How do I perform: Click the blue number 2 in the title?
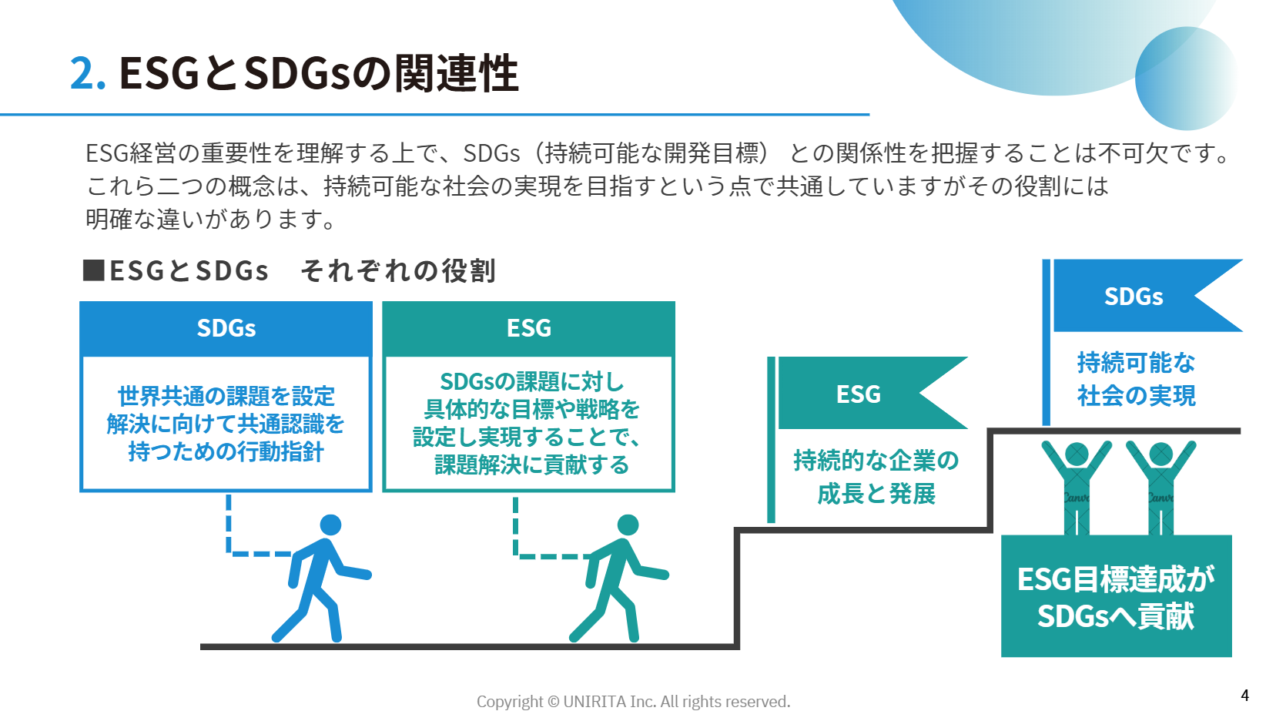pos(82,73)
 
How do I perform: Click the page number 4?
pos(1244,695)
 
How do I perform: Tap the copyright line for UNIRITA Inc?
pos(633,702)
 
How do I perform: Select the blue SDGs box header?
pos(226,328)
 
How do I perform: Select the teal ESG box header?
pos(528,328)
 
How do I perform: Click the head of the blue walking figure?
pos(330,525)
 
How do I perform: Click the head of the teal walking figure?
pos(628,525)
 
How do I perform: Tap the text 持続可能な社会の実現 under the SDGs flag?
pos(1136,379)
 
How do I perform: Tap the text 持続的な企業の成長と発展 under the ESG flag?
pos(876,477)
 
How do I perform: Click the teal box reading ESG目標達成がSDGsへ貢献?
pos(1117,595)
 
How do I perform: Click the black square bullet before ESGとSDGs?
pos(93,270)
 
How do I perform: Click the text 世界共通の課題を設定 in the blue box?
pos(226,396)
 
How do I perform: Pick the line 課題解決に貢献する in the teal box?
pos(531,464)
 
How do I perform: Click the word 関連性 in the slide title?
pos(456,73)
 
